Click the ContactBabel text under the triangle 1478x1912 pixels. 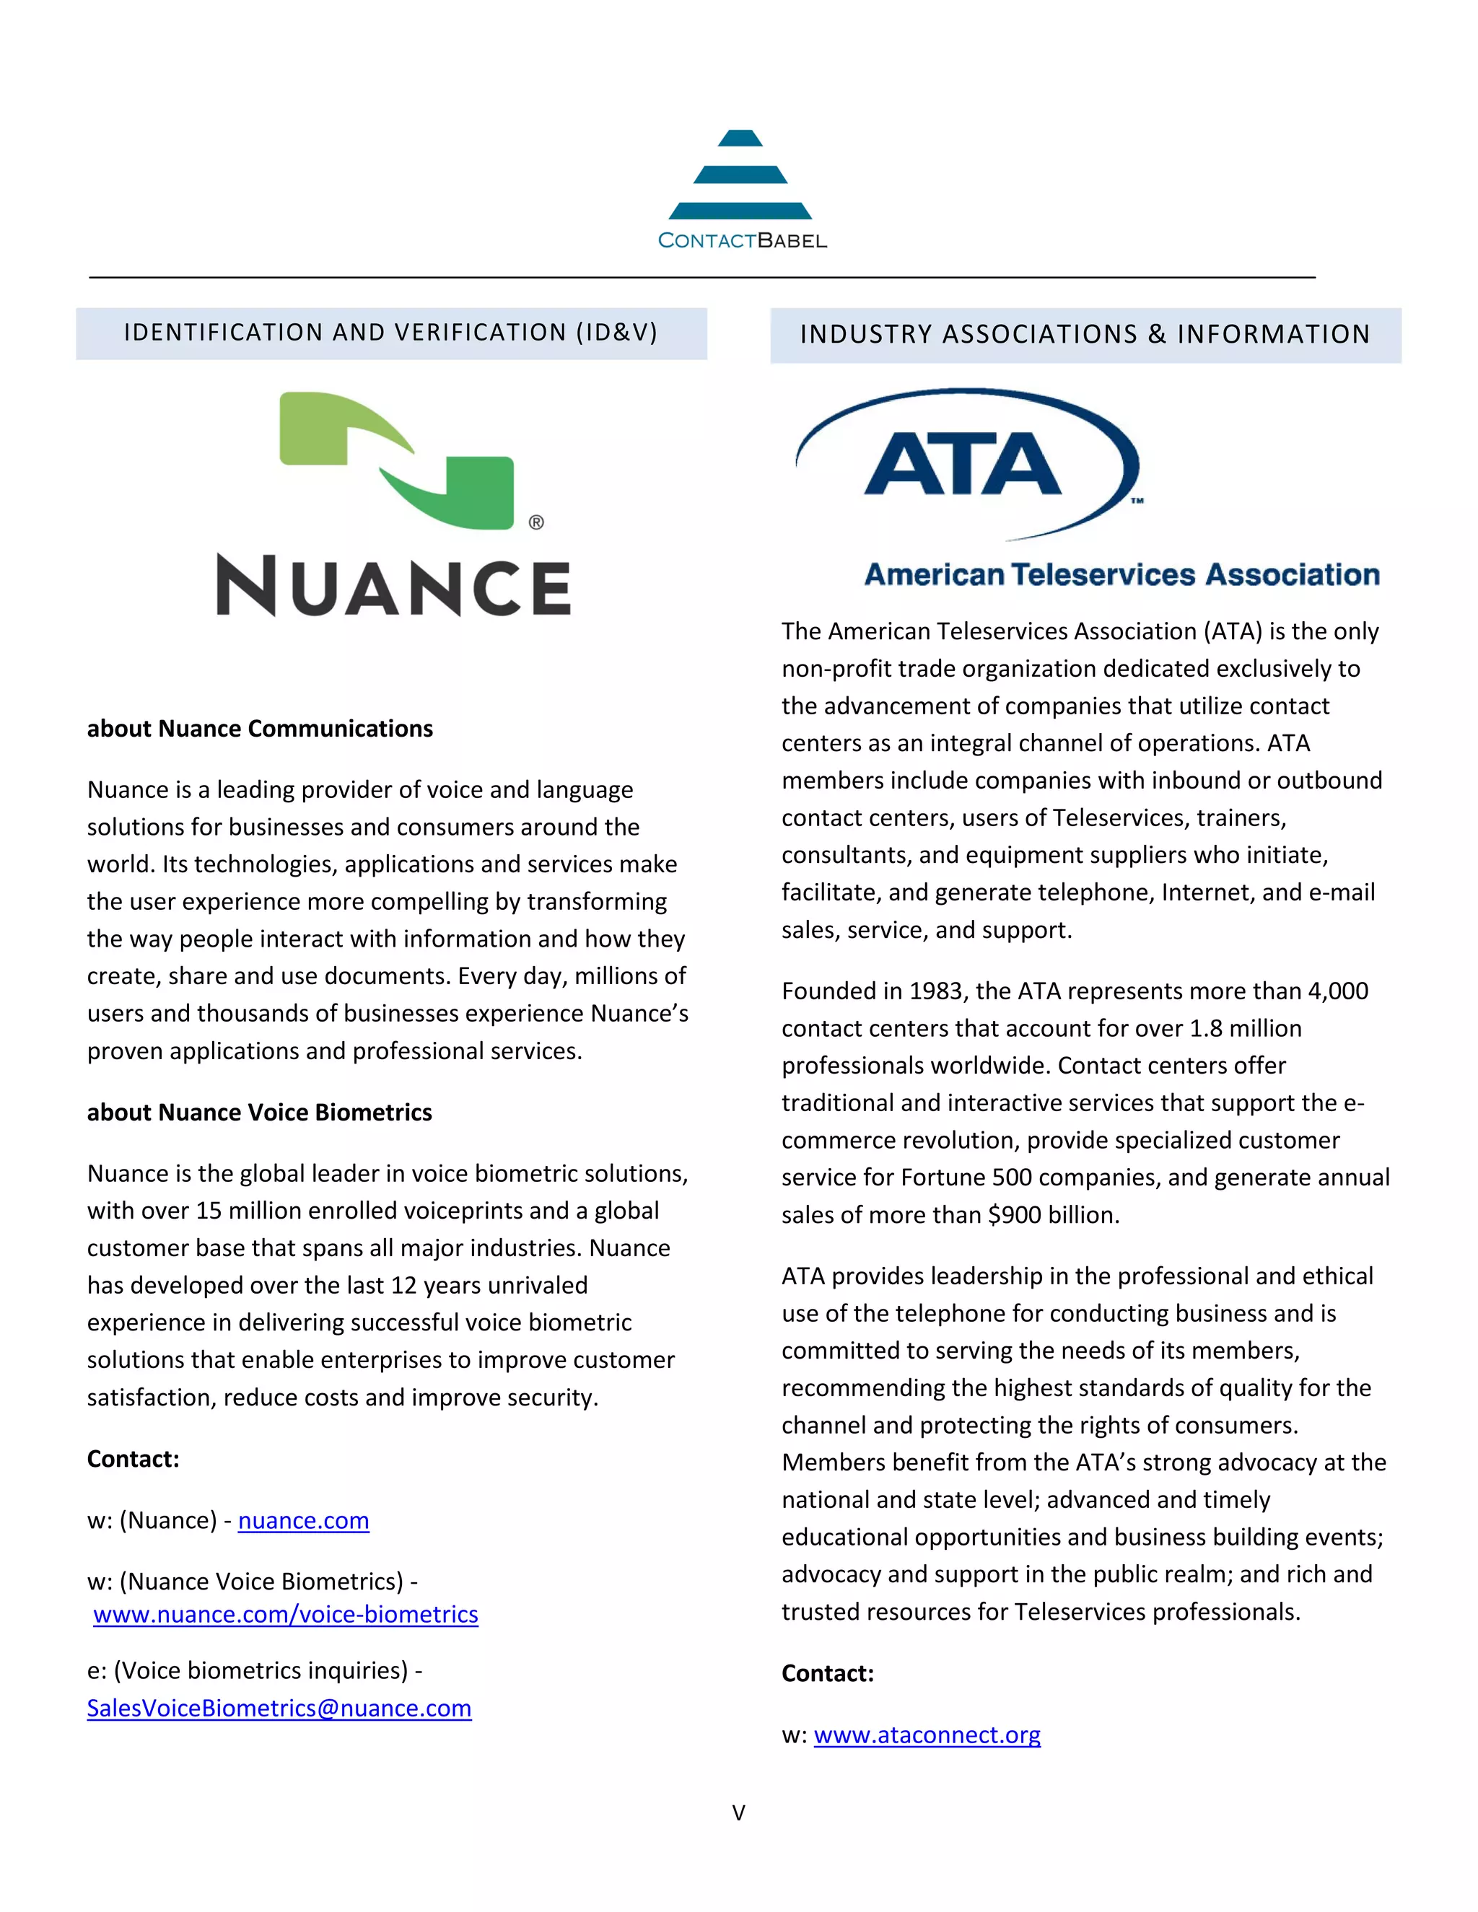742,241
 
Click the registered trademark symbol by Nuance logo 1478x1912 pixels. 536,522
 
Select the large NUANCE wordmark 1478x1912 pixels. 393,586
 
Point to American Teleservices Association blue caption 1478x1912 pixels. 1121,574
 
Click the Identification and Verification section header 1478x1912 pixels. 390,333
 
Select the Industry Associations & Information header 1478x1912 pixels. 1085,335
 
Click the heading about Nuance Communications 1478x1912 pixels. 260,729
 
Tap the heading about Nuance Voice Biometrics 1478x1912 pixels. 259,1112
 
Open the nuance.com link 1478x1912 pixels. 303,1521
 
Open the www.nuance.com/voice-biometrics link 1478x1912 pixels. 286,1614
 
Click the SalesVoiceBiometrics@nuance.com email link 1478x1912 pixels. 279,1708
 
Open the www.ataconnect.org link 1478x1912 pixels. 927,1735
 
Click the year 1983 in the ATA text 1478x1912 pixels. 935,991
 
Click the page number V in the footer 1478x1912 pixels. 738,1813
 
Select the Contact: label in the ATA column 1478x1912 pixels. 828,1673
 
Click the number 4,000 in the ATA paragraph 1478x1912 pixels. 1337,991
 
